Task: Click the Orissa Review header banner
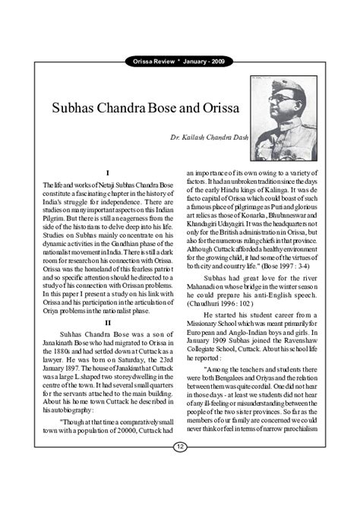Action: coord(180,62)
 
